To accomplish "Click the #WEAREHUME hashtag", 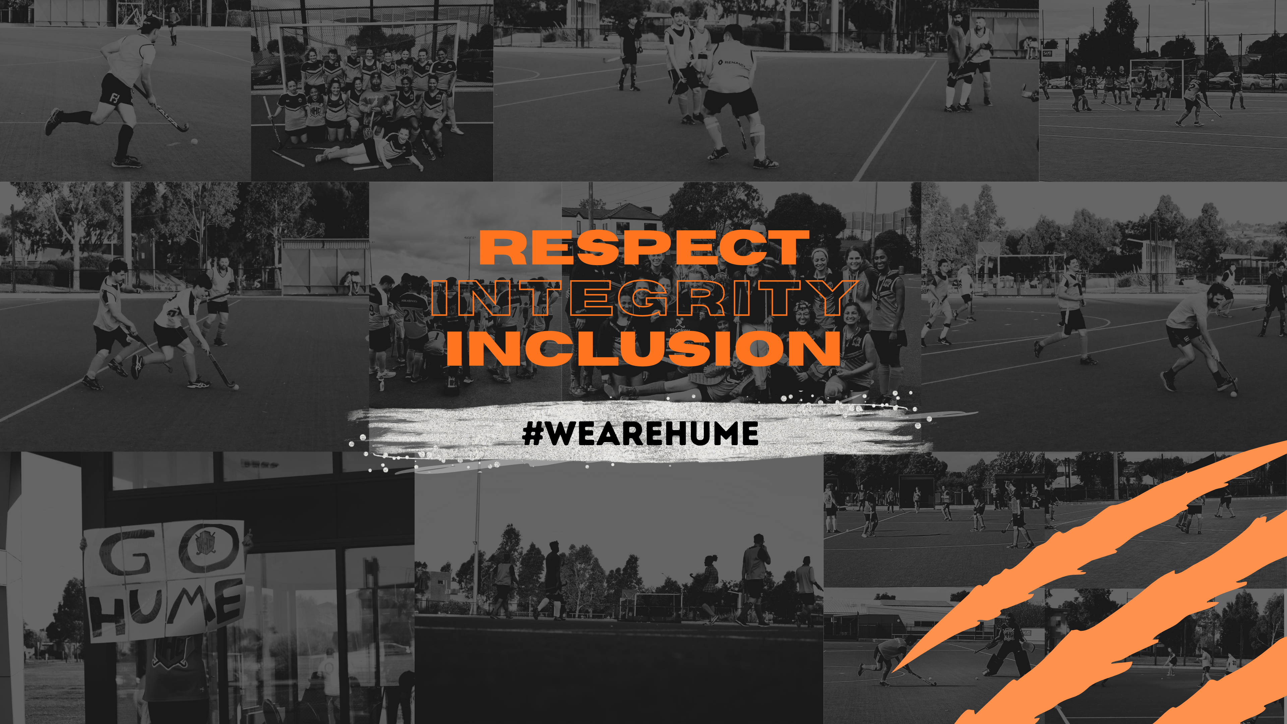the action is [640, 433].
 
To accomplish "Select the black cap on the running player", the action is [149, 23].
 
